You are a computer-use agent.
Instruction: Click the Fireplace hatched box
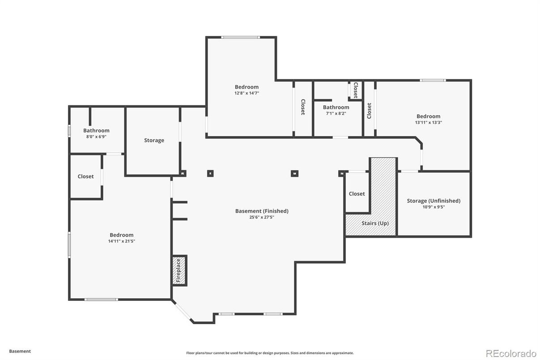coord(179,270)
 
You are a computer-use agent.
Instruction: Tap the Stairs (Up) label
coord(375,223)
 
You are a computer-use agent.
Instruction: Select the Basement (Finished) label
coord(262,211)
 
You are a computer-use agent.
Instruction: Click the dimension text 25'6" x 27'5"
coord(262,217)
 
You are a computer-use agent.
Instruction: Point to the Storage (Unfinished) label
coord(433,201)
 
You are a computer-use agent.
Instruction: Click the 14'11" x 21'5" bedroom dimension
coord(121,241)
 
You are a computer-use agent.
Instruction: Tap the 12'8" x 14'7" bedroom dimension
coord(247,93)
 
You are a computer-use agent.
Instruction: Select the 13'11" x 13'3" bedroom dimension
coord(428,122)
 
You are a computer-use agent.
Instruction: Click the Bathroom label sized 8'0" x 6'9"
coord(96,131)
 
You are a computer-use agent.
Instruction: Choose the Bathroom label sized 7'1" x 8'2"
coord(336,107)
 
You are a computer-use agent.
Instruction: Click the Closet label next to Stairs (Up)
coord(357,194)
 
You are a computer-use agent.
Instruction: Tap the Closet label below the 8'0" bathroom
coord(85,176)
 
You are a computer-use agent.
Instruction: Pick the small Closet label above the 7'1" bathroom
coord(355,90)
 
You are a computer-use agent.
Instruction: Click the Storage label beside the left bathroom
coord(154,140)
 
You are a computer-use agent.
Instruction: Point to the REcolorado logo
coord(510,353)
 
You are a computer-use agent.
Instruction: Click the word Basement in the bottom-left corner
coord(20,351)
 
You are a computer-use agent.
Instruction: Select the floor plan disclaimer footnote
coord(270,353)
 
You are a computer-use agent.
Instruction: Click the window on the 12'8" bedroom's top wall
coord(240,37)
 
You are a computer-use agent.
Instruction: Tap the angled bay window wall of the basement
coord(182,311)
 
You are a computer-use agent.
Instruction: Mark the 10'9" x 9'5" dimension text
coord(433,207)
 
